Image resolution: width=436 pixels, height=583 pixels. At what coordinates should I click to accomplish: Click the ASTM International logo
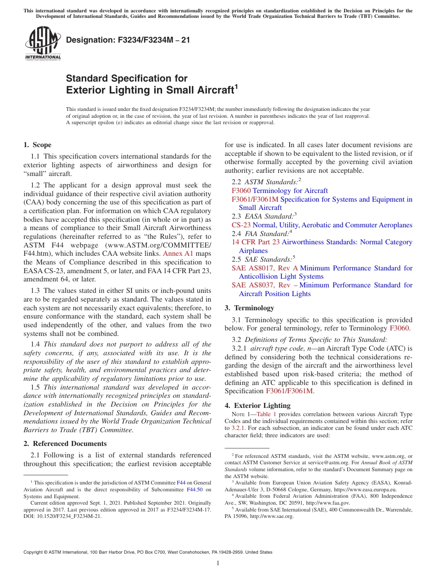point(43,43)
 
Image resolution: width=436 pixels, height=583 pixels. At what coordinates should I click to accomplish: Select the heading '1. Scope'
point(37,145)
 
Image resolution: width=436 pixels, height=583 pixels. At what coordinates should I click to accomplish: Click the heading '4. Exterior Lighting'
point(257,406)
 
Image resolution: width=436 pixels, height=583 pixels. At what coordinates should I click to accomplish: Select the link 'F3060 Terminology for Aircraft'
point(279,191)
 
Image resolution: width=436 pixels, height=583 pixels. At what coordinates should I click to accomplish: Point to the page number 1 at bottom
point(218,563)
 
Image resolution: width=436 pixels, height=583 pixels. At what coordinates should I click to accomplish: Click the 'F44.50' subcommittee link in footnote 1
point(194,489)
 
